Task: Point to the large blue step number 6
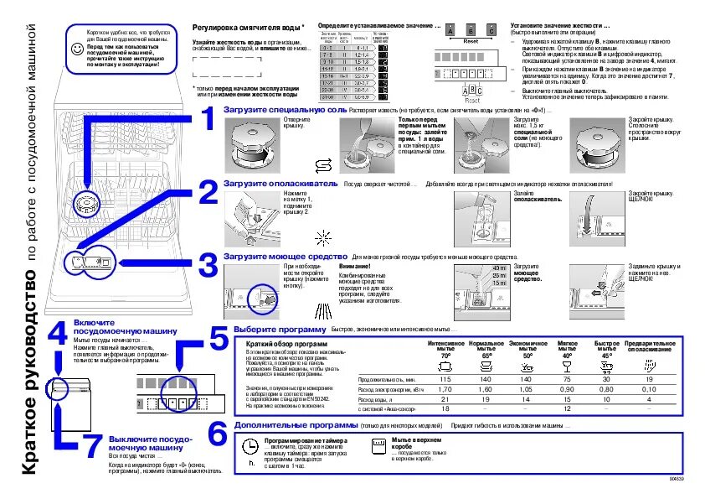pos(217,434)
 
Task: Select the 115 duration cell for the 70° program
pos(445,379)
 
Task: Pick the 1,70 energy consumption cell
pos(445,389)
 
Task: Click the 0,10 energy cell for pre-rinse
pos(649,389)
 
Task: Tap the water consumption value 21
pos(445,399)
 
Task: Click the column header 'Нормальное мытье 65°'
pos(486,350)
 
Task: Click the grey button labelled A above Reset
pos(450,31)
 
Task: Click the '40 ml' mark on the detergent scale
pos(500,267)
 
